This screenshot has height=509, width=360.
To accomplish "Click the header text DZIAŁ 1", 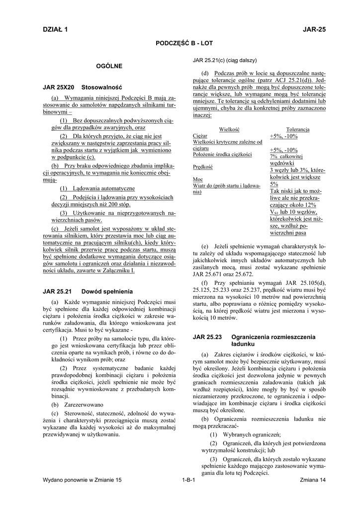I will (x=56, y=30).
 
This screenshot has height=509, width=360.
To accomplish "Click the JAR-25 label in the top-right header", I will (x=314, y=30).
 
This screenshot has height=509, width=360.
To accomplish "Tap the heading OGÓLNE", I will (x=109, y=66).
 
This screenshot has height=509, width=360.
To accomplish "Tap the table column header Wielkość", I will (x=229, y=129).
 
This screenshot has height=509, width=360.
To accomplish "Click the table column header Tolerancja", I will (x=298, y=129).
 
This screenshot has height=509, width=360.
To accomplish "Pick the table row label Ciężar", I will (x=200, y=136).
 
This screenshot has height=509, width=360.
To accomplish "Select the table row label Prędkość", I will (x=203, y=167).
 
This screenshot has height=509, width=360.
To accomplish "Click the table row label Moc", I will (x=197, y=179).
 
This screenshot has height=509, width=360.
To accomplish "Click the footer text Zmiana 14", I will (x=313, y=480).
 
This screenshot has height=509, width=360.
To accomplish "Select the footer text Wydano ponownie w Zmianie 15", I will (x=82, y=480).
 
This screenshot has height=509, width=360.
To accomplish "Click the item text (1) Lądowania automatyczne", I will (x=97, y=189).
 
